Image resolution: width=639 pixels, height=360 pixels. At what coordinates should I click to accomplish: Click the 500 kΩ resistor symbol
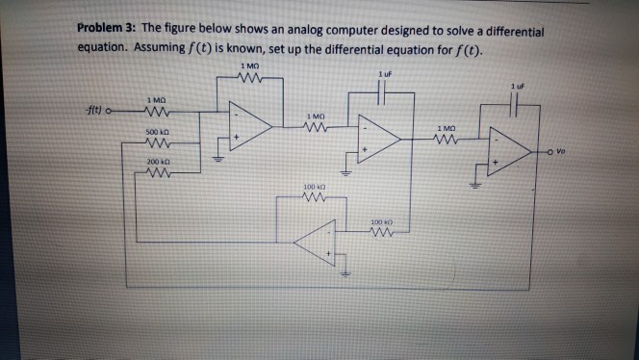click(x=151, y=141)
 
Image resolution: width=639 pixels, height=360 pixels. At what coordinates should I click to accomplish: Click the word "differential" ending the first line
click(x=509, y=31)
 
